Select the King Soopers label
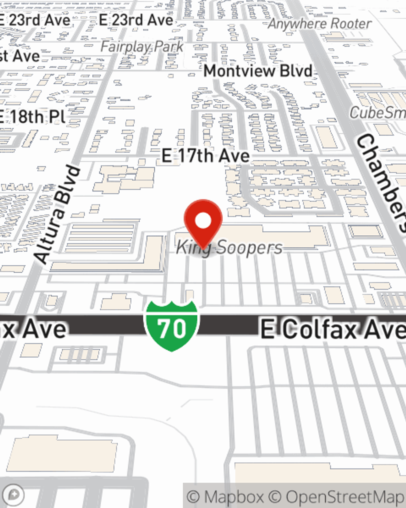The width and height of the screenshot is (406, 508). coord(229,247)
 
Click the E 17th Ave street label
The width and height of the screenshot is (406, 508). coord(205,156)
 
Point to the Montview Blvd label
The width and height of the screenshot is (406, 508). coord(258,71)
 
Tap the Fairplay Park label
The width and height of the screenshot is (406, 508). coord(142,47)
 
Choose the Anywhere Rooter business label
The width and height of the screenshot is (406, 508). coord(320,24)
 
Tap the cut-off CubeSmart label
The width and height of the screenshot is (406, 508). coord(378,113)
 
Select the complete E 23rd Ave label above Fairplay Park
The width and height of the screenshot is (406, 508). coord(136,20)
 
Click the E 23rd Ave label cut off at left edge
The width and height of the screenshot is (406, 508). coord(35,20)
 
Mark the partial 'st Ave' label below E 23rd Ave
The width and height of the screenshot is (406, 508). coord(20,56)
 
